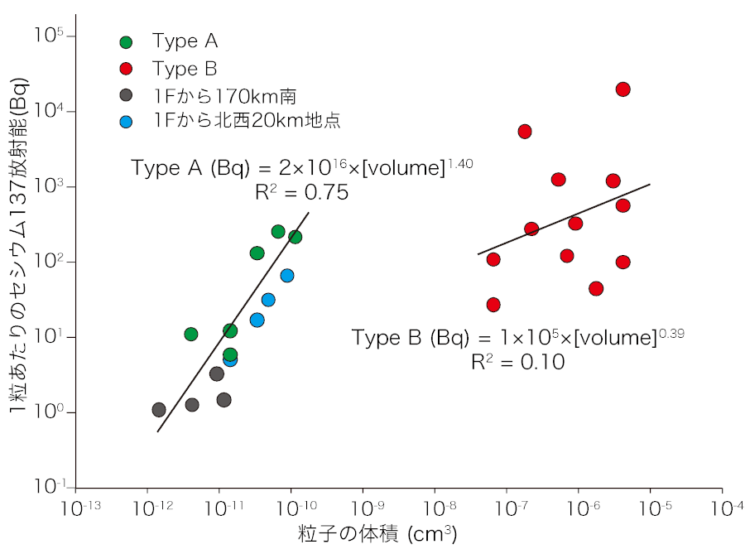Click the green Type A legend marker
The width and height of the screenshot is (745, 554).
point(126,41)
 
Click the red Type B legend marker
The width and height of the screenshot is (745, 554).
point(126,68)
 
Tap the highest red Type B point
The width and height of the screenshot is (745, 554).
point(623,89)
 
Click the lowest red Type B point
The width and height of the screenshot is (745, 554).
point(493,305)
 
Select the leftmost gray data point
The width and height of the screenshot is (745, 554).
point(159,410)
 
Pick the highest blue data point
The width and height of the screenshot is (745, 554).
point(287,276)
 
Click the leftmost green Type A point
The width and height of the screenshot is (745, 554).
point(191,335)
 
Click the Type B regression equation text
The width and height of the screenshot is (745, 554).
point(517,338)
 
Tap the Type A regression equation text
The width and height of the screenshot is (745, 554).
point(301,168)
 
